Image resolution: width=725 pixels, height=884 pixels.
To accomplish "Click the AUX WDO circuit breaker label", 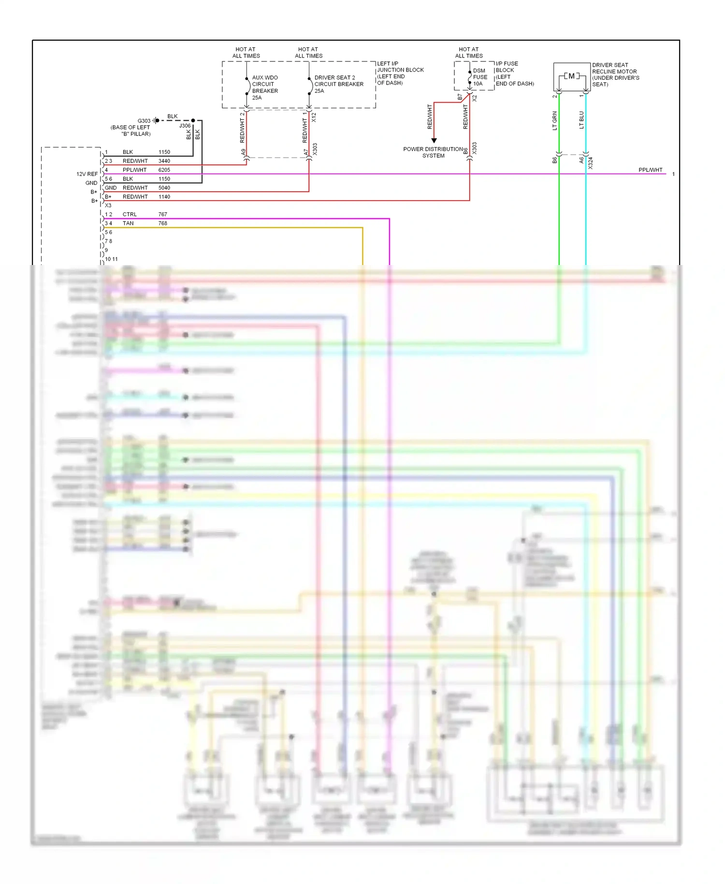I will point(264,88).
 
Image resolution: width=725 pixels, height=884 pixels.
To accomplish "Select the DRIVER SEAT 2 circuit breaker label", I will point(338,84).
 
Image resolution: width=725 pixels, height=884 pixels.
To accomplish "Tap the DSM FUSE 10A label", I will point(480,77).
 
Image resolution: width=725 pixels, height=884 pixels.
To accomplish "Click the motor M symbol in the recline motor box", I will point(572,76).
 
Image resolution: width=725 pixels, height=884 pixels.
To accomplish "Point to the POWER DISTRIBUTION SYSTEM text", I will point(433,152).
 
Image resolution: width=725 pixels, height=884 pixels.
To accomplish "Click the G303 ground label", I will point(144,121).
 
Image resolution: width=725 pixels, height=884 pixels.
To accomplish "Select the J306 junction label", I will point(185,126).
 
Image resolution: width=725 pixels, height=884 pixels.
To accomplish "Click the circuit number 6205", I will point(164,170).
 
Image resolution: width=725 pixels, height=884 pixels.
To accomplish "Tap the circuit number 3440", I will point(164,161).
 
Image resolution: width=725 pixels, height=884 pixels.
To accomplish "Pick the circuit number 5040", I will point(164,188).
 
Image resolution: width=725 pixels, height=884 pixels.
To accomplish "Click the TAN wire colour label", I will point(128,223).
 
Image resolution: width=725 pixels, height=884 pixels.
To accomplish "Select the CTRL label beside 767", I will point(130,214).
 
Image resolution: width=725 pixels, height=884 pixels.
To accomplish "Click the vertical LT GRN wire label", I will point(555,121).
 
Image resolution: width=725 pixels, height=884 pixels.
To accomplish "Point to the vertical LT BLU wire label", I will point(581,120).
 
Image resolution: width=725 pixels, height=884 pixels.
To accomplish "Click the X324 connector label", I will point(591,163).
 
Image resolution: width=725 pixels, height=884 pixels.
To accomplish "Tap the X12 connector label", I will point(314,117).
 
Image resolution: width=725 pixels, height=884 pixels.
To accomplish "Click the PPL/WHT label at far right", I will point(650,170).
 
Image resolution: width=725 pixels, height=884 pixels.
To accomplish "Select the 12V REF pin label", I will point(87,174).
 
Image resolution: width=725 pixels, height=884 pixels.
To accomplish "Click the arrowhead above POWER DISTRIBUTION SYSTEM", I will point(434,141).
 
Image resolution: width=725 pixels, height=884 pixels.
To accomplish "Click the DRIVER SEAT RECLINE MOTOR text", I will point(615,74).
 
